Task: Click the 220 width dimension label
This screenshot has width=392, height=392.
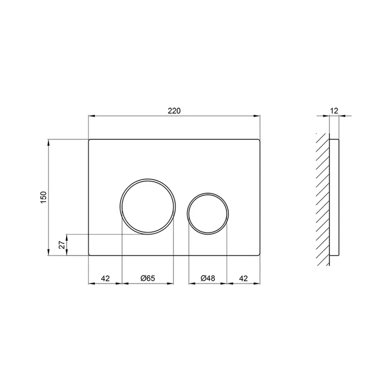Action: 174,111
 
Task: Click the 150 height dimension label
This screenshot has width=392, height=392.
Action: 43,197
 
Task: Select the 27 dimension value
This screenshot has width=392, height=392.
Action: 61,245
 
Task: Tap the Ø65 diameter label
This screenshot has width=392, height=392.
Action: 148,278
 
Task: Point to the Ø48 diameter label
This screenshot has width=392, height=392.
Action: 208,278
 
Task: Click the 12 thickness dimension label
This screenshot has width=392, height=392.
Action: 334,111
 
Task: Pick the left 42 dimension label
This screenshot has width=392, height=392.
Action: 105,278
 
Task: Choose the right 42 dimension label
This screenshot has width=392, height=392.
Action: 243,278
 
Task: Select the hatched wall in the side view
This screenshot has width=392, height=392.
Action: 323,198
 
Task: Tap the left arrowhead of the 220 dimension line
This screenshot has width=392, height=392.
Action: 91,116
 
